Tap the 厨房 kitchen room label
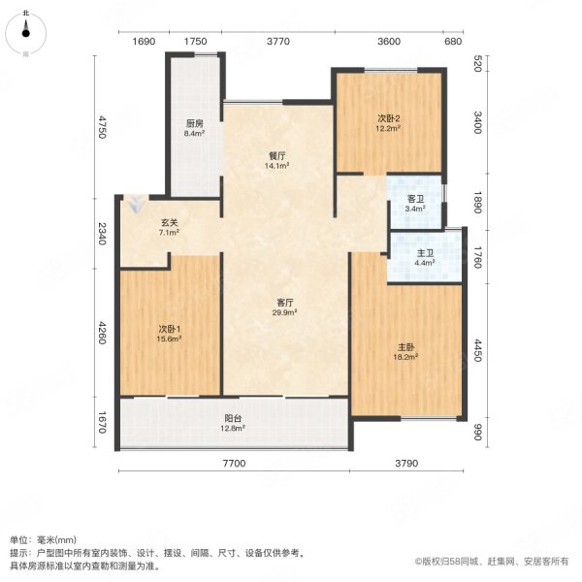pyautogui.click(x=194, y=124)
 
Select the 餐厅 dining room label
pyautogui.click(x=277, y=155)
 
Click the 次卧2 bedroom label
pyautogui.click(x=389, y=119)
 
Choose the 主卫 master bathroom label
pyautogui.click(x=425, y=253)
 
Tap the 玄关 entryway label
pyautogui.click(x=169, y=222)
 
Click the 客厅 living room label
pyautogui.click(x=283, y=302)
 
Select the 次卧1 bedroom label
pyautogui.click(x=170, y=329)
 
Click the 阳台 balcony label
pyautogui.click(x=231, y=417)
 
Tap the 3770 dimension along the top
pyautogui.click(x=279, y=41)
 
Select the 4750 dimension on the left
pyautogui.click(x=101, y=128)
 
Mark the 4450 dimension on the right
pyautogui.click(x=476, y=349)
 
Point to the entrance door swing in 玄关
pyautogui.click(x=136, y=206)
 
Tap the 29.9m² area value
pyautogui.click(x=283, y=312)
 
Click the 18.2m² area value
pyautogui.click(x=405, y=357)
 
